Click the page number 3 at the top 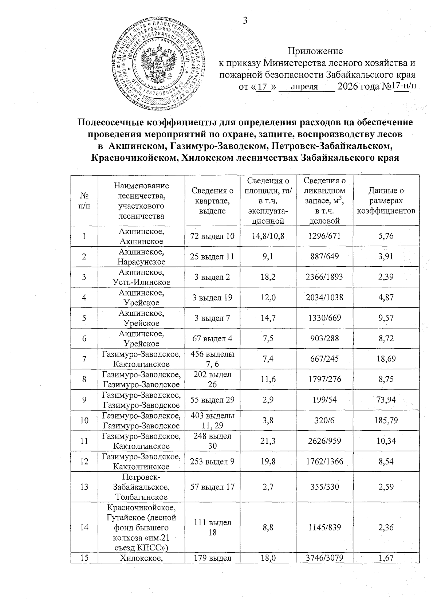[x=245, y=21]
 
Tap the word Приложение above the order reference [x=315, y=51]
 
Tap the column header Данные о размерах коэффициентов [x=386, y=201]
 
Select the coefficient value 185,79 [x=386, y=420]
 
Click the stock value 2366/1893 [x=324, y=277]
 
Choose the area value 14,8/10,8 [x=268, y=236]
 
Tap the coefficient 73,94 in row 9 [x=386, y=400]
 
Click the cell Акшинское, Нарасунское [x=141, y=256]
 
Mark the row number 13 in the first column [x=84, y=486]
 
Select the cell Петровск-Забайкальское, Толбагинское [x=141, y=487]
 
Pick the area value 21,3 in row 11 [x=268, y=441]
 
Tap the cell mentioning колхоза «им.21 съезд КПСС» [x=141, y=527]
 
